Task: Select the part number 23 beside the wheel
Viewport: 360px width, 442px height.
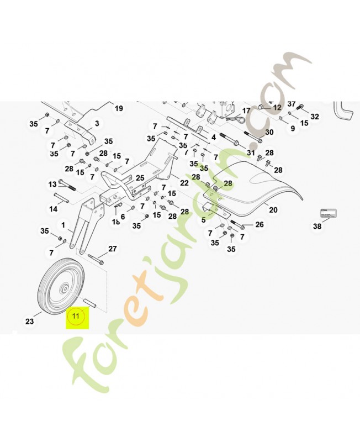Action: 30,320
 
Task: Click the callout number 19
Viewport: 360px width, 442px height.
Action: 119,109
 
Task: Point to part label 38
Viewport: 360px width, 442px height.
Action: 317,227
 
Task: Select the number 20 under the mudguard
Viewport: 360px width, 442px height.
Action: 272,209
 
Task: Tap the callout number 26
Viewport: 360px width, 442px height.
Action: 260,224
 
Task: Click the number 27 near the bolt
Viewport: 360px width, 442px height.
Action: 112,249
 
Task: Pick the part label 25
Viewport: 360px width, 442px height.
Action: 140,178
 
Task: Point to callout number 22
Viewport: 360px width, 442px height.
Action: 184,182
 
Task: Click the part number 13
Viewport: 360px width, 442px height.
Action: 53,184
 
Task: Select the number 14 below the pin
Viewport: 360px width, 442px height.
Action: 53,209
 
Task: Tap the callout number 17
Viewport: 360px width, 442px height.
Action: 246,110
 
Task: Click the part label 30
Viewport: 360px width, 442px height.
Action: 269,133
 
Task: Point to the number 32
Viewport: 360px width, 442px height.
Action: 315,117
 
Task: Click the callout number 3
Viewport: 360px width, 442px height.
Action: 97,123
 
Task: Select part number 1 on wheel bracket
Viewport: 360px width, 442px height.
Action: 63,225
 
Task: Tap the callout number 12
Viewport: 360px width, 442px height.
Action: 277,107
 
